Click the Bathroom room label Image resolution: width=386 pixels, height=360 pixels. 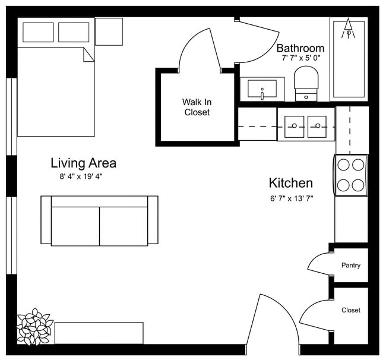coord(300,48)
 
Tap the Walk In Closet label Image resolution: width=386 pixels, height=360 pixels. coord(197,107)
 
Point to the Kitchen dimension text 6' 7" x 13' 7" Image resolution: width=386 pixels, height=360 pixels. coord(291,198)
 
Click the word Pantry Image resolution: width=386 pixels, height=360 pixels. coord(350,266)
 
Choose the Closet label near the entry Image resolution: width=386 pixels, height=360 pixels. coord(350,310)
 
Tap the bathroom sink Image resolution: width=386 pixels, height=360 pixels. coord(262,90)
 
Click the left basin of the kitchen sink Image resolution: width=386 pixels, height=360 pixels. coord(295,125)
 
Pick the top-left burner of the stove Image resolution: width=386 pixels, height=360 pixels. coord(344,165)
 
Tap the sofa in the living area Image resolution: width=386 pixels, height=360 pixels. coord(99,221)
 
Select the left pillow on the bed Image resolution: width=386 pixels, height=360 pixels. coord(39,32)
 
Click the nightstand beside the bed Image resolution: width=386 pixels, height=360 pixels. coord(109,31)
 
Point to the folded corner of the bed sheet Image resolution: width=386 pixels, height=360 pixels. coord(88,54)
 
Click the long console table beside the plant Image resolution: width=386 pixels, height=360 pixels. coord(99,333)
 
